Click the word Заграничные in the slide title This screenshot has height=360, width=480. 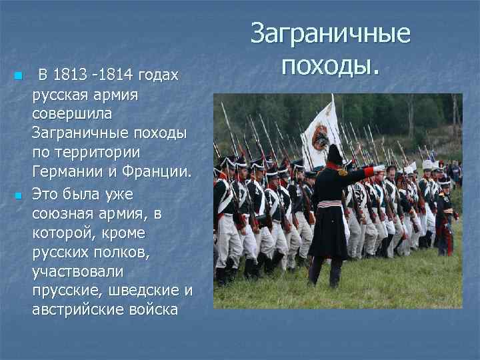[331, 34]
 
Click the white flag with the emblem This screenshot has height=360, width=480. [321, 134]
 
